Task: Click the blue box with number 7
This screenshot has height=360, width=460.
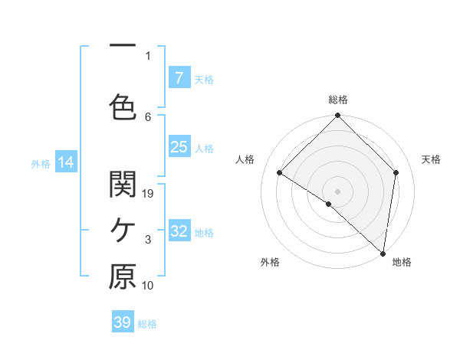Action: pos(179,78)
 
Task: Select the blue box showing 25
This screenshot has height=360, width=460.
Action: pos(179,147)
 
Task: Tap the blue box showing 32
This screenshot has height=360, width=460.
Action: pos(179,231)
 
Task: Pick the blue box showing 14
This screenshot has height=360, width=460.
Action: pos(65,162)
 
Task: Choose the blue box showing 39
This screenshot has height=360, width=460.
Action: pos(123,322)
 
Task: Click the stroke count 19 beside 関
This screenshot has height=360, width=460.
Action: pos(149,193)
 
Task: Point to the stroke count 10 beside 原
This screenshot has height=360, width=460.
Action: pos(149,286)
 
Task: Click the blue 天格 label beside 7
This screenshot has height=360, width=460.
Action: pos(204,79)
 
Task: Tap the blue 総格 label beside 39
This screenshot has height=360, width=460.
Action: pos(148,324)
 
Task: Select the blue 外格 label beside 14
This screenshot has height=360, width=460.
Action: pos(41,163)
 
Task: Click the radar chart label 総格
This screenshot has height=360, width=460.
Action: pos(338,100)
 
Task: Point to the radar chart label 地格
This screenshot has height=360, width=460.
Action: pos(402,262)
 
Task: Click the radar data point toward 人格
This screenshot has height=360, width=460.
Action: pos(280,173)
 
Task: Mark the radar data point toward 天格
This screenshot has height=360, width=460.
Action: pos(396,172)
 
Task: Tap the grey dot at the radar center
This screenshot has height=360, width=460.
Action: pos(338,191)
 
